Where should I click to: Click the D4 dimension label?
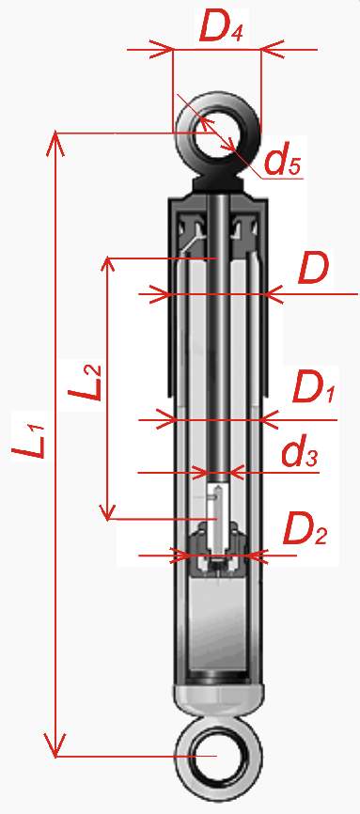[221, 29]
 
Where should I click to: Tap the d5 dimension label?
[282, 162]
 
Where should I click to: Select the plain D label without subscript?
[313, 269]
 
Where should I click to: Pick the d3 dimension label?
[299, 454]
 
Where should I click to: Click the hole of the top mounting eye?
[216, 133]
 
